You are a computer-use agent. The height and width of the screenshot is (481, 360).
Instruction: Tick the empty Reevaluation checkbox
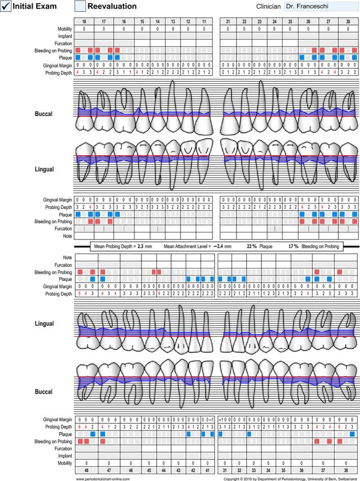pyautogui.click(x=80, y=6)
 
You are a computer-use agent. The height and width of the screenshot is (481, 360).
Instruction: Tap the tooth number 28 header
pyautogui.click(x=348, y=22)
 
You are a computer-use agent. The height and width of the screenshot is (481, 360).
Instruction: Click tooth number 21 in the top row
pyautogui.click(x=228, y=22)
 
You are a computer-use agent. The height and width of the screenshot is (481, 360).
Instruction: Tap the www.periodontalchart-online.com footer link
pyautogui.click(x=106, y=478)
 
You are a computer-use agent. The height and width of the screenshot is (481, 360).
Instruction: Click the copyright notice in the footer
pyautogui.click(x=290, y=478)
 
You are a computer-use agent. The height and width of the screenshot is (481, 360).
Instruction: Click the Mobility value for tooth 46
pyautogui.click(x=130, y=463)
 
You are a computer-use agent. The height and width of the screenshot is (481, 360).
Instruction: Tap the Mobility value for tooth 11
pyautogui.click(x=204, y=29)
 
